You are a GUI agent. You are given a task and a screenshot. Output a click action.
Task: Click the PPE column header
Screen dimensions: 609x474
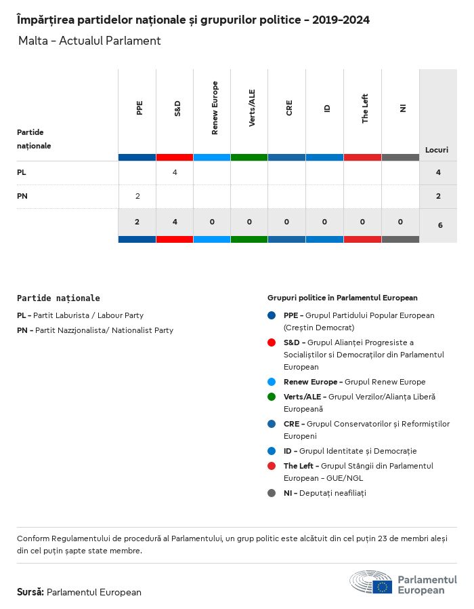point(139,108)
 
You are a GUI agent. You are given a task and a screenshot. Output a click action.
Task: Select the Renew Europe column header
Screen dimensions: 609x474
point(215,108)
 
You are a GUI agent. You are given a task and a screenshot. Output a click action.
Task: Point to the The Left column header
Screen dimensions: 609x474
point(365,108)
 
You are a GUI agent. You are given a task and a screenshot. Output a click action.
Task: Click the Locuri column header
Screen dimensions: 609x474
point(437,149)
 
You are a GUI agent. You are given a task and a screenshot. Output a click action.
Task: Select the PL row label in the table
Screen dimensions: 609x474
point(22,172)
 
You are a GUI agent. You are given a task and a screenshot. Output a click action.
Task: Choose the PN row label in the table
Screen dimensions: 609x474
point(22,196)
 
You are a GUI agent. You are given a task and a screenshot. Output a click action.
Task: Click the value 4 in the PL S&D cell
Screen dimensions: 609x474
point(175,172)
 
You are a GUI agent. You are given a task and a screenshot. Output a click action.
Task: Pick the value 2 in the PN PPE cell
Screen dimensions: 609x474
point(137,196)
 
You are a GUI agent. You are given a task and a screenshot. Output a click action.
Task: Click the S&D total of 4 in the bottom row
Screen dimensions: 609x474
point(175,222)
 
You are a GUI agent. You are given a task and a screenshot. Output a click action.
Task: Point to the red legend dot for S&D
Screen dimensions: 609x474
point(272,342)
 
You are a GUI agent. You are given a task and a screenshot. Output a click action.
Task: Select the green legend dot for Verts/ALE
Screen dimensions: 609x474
point(272,397)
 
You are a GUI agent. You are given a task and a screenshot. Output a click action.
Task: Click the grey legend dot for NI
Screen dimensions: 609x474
point(272,493)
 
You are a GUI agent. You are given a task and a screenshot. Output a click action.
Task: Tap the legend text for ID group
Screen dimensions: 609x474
point(350,451)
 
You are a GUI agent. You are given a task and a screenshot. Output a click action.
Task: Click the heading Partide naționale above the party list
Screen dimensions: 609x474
point(58,298)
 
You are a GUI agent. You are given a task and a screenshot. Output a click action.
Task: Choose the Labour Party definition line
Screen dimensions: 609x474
point(81,315)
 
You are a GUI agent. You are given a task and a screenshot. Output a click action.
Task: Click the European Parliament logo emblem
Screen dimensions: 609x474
point(371,582)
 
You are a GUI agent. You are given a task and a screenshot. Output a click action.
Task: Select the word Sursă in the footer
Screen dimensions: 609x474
point(30,592)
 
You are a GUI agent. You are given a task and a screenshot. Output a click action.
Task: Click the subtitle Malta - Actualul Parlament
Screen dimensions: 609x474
point(89,41)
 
